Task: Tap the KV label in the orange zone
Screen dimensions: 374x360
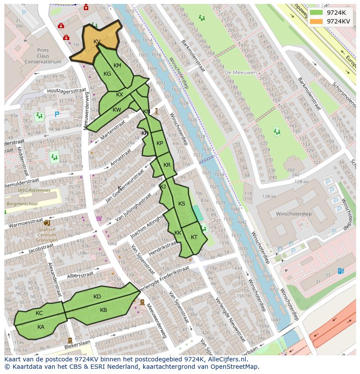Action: (x=97, y=42)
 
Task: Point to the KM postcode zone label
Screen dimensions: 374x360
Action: (x=117, y=66)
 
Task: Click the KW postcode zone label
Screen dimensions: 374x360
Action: (x=117, y=110)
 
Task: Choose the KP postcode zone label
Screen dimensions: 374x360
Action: (x=160, y=143)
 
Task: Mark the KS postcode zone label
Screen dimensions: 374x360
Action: (x=182, y=204)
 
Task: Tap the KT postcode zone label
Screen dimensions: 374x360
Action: (x=194, y=237)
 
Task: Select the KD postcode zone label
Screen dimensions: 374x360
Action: (x=97, y=297)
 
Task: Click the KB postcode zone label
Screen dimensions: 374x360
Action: (x=103, y=310)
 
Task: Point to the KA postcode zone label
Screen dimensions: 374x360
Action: (x=41, y=327)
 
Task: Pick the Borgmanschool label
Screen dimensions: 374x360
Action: (x=21, y=203)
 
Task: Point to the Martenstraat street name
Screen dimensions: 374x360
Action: (x=112, y=130)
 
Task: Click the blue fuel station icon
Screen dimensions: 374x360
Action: (x=341, y=271)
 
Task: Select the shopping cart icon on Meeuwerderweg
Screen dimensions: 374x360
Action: (x=99, y=218)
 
